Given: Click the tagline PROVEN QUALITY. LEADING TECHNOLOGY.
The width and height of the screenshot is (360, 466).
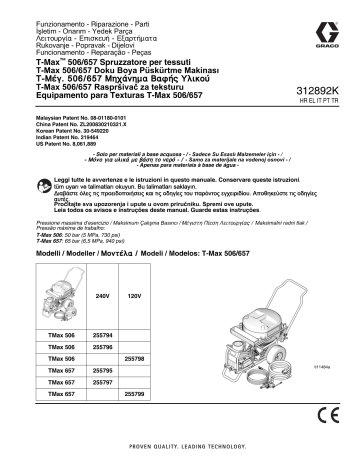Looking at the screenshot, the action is pyautogui.click(x=180, y=451).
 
